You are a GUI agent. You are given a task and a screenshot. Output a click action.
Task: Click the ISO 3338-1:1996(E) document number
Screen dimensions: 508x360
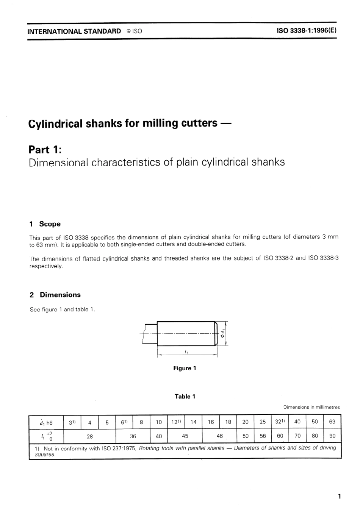[307, 31]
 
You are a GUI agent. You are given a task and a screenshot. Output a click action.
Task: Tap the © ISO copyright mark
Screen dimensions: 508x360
[134, 31]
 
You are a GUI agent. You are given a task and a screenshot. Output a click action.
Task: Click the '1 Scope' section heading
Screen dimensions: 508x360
[45, 224]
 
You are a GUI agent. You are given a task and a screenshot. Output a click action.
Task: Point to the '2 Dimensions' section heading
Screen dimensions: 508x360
[55, 295]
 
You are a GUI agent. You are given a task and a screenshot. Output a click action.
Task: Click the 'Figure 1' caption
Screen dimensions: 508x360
[185, 368]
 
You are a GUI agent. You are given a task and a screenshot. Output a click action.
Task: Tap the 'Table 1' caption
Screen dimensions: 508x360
[185, 397]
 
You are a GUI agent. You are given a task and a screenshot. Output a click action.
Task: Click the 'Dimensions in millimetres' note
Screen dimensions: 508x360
[311, 407]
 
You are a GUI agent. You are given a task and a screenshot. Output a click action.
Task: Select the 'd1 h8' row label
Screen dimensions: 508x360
[46, 422]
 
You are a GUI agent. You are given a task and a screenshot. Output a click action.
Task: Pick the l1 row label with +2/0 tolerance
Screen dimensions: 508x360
[47, 436]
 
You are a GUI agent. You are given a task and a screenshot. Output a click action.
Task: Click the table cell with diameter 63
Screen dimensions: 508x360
[332, 422]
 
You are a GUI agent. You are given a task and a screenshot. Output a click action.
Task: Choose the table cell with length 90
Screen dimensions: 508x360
[332, 436]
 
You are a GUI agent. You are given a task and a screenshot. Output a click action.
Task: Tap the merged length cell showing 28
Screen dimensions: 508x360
[89, 436]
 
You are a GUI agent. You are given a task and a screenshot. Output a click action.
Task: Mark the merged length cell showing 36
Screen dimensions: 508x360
[133, 436]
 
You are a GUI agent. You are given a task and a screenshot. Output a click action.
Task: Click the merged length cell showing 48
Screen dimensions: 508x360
[219, 436]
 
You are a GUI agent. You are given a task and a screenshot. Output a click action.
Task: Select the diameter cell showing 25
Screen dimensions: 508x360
[263, 422]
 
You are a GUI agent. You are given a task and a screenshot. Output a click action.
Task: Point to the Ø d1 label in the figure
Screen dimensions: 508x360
[223, 333]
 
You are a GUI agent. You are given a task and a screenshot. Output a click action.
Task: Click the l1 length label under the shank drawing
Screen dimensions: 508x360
[186, 352]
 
